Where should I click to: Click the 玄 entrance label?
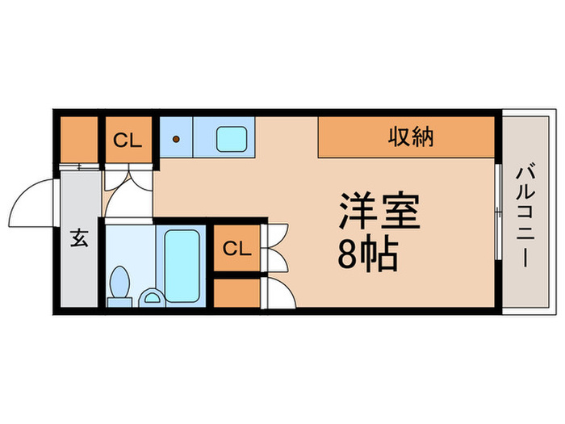(79, 239)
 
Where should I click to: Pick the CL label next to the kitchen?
(127, 141)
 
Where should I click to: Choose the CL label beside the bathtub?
(236, 248)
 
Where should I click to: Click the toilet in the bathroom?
(121, 285)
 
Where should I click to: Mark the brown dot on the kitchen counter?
(175, 139)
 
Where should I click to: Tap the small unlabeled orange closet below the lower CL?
(236, 292)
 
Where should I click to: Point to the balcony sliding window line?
(496, 212)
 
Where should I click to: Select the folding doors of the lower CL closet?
(274, 247)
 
